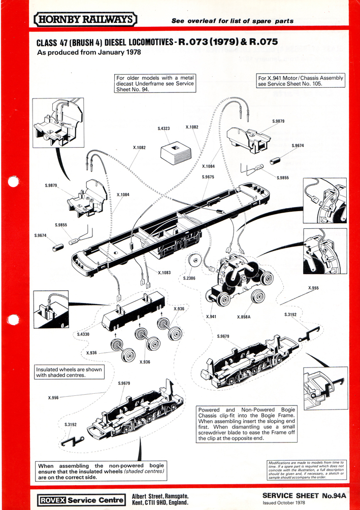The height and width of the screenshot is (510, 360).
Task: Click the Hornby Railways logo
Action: click(x=85, y=20)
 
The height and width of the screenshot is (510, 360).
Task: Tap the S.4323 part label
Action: click(x=165, y=129)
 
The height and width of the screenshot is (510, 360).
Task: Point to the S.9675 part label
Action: click(x=208, y=177)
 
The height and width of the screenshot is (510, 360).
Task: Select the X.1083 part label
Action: click(x=164, y=273)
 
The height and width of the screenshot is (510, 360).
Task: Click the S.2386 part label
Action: click(x=189, y=278)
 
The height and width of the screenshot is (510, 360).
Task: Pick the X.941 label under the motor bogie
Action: click(x=211, y=317)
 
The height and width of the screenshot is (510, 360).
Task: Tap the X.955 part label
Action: click(x=313, y=288)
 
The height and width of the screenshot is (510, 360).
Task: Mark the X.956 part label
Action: click(x=54, y=398)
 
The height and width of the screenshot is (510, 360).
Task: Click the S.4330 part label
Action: click(x=84, y=334)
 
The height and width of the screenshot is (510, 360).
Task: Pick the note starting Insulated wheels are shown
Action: click(x=69, y=372)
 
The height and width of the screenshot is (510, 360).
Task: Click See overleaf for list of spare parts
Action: click(x=232, y=21)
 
